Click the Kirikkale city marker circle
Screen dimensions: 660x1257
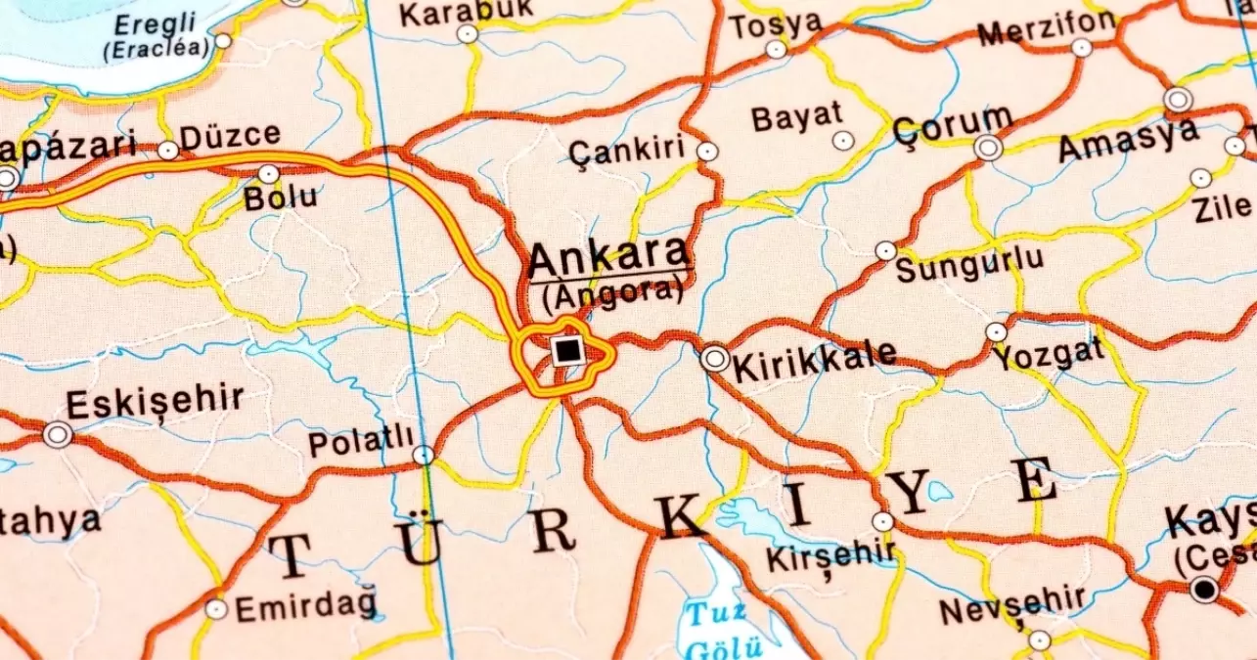pos(715,359)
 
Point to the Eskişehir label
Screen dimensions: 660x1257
pos(155,402)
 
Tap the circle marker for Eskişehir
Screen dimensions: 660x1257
pos(58,434)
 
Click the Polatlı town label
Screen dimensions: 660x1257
pos(361,443)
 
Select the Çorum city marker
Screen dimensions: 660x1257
pos(988,148)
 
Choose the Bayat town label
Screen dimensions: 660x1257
pos(796,117)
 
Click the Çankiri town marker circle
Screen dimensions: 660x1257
pos(706,152)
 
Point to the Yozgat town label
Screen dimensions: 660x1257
pos(1048,353)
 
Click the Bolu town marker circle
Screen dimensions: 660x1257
pos(268,174)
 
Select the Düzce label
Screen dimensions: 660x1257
pos(231,135)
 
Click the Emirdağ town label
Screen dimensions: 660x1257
pos(305,608)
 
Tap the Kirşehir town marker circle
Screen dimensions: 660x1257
pos(882,522)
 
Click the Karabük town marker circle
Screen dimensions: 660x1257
pos(468,34)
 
